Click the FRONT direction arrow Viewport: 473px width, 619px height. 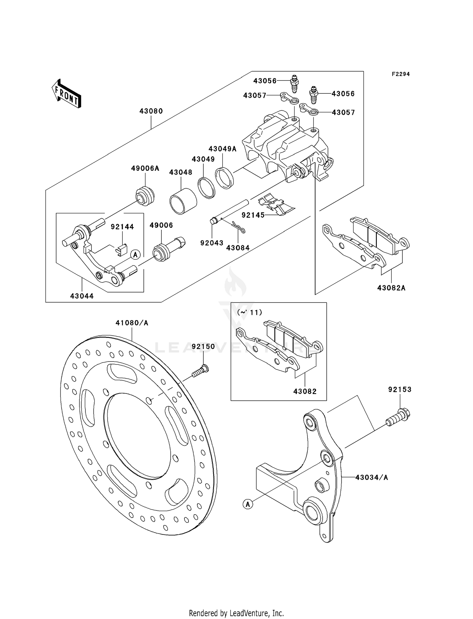coord(67,94)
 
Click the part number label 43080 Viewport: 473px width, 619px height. coord(151,111)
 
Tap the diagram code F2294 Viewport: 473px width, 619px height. coord(400,74)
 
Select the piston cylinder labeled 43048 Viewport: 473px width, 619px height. coord(183,201)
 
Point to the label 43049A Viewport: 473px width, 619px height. coord(222,149)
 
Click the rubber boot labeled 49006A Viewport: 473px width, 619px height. coord(145,196)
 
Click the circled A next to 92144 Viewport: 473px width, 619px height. coord(135,254)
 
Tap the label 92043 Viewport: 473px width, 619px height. coord(212,243)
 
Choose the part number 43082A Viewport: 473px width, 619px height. coord(391,288)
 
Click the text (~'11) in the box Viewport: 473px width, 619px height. coord(249,312)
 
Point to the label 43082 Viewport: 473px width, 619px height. coord(305,391)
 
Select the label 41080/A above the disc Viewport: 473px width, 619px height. coord(132,323)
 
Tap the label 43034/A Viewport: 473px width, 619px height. coord(371,477)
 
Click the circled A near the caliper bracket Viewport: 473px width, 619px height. coord(248,504)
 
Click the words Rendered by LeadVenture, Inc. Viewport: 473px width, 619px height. coord(236,613)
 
